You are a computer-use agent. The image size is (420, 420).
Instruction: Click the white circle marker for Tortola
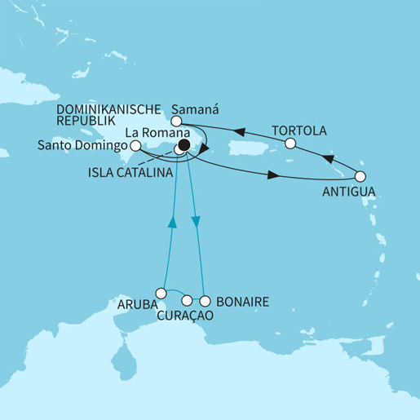point(290,144)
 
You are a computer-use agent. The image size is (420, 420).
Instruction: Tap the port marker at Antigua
point(360,175)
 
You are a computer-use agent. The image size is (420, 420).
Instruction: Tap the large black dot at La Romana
point(184,145)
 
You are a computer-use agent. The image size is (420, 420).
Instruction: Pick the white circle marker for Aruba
point(162,292)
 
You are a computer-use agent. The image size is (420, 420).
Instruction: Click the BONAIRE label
point(244,301)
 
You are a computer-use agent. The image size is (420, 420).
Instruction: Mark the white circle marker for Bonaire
point(206,299)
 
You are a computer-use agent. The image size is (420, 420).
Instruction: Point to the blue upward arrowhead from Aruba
point(172,221)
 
